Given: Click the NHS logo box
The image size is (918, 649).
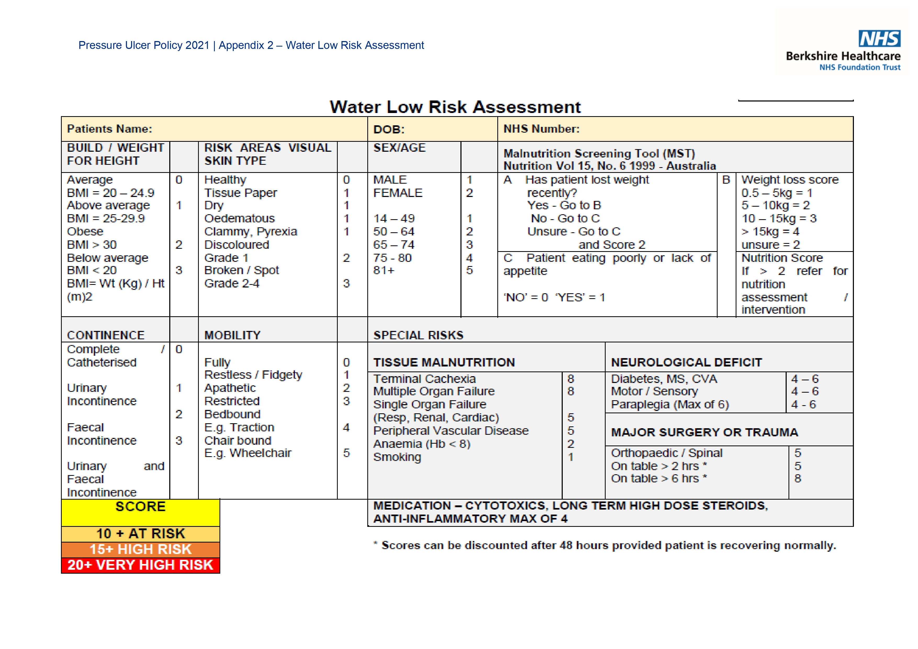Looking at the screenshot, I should [x=879, y=39].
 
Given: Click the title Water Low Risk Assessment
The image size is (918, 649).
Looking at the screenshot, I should [x=455, y=107].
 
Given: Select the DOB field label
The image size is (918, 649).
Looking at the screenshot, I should [x=389, y=129].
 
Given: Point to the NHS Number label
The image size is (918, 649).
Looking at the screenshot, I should [x=541, y=129].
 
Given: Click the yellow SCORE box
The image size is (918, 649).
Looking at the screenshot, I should [x=140, y=512].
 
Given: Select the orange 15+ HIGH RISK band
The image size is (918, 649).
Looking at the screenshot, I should [x=140, y=549].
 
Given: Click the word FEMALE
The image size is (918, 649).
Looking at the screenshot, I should [x=398, y=193].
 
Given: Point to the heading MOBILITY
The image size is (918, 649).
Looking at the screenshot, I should [x=232, y=335].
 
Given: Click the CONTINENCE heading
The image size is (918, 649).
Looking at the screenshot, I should [x=105, y=335].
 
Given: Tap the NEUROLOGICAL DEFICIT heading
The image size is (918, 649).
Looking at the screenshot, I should [x=686, y=362].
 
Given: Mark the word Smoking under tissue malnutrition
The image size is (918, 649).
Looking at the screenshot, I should [x=397, y=457].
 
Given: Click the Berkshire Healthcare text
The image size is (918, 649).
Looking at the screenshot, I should [x=843, y=56].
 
